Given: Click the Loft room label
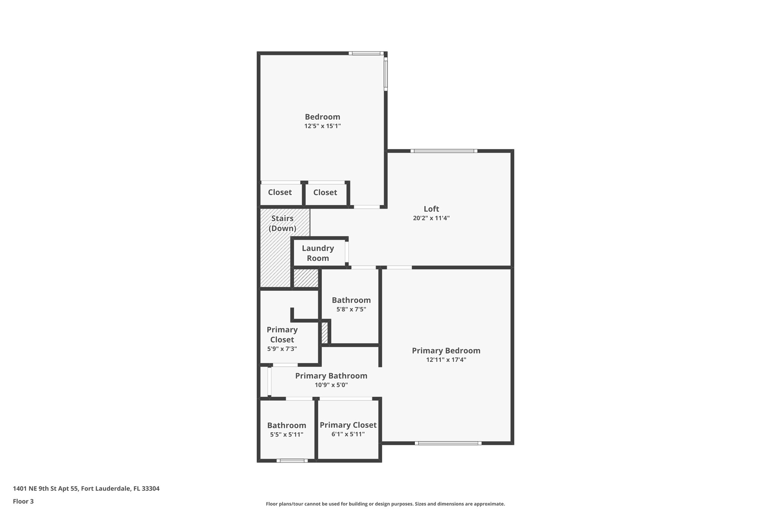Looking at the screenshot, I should (431, 209).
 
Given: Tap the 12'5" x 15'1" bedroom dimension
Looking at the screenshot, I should (323, 126).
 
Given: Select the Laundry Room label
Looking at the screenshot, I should (318, 253).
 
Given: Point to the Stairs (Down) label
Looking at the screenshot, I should (282, 223).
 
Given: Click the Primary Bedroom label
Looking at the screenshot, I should (446, 351).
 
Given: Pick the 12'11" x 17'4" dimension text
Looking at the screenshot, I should (446, 360).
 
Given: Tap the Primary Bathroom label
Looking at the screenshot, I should (331, 376).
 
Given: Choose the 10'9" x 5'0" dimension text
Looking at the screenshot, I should (331, 385).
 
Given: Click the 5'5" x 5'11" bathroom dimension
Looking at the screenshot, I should (286, 435).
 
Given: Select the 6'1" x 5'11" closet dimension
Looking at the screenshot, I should (348, 434).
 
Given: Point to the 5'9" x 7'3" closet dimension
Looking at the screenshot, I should (282, 349).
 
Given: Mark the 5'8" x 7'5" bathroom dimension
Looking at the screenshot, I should (351, 310).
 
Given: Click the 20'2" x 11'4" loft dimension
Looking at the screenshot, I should (431, 218).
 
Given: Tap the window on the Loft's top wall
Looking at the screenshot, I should (444, 151).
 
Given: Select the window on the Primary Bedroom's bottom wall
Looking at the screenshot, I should (448, 443).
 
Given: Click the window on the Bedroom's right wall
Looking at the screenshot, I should (385, 74).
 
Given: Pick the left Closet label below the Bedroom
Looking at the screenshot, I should (280, 192).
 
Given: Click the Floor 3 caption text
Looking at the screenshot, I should (23, 501).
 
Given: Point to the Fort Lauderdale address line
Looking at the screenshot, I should (86, 488).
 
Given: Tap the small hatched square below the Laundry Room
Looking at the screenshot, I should (306, 278).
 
